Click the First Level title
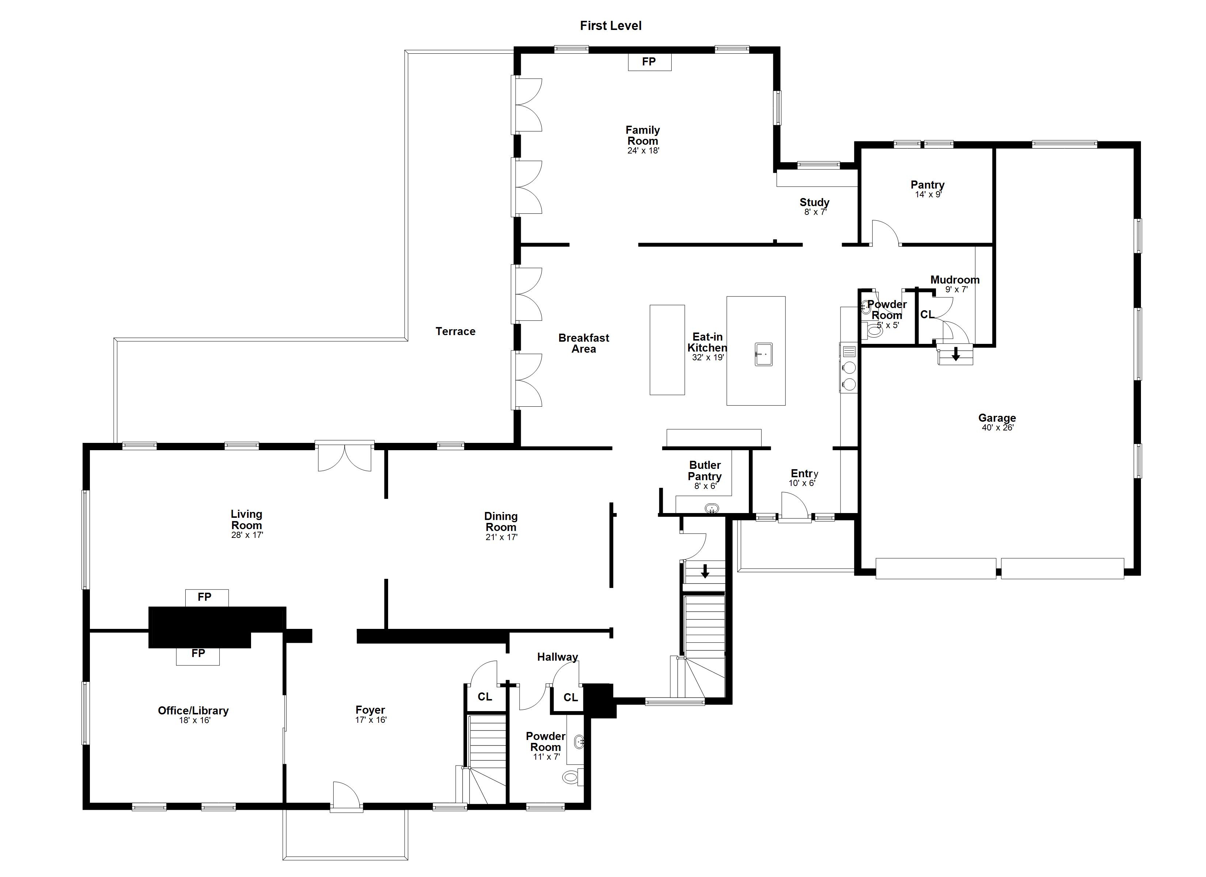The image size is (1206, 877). click(610, 26)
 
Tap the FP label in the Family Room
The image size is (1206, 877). click(649, 62)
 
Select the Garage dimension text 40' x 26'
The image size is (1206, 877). click(998, 428)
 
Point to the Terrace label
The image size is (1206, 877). click(455, 331)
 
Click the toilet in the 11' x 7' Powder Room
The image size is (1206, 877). click(570, 778)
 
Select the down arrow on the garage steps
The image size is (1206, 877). click(956, 354)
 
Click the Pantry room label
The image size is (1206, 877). click(928, 185)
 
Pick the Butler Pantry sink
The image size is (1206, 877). click(712, 509)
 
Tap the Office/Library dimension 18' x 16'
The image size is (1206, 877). click(195, 721)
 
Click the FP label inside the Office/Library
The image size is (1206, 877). click(198, 653)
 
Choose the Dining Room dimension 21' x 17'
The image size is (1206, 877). click(501, 537)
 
